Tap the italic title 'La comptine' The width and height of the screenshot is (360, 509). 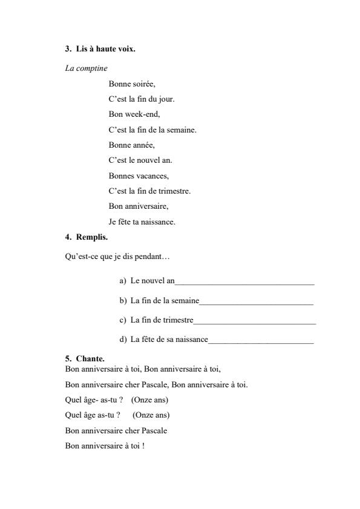point(86,68)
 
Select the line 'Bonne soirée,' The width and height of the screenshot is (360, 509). point(132,84)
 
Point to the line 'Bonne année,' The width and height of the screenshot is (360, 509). point(131,145)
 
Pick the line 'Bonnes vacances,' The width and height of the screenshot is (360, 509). point(139,176)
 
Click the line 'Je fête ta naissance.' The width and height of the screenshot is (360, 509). point(142,222)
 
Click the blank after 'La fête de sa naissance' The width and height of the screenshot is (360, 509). point(261,341)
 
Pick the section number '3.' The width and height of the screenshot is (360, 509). point(68,49)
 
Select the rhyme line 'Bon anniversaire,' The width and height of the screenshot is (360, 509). point(138,206)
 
